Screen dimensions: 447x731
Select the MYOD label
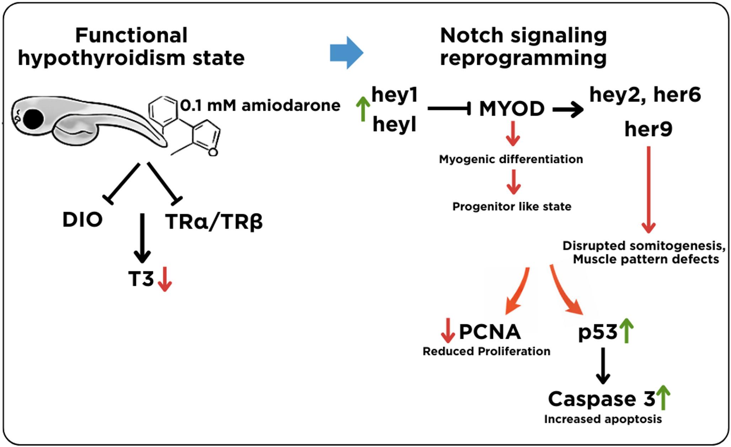tap(512, 109)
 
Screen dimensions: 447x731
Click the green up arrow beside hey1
tap(363, 109)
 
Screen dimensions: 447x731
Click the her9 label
tap(648, 129)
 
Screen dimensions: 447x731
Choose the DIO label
tap(82, 220)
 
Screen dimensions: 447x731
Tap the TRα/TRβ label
tap(214, 221)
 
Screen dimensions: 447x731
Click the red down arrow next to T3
tap(165, 279)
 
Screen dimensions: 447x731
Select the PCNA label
tap(490, 332)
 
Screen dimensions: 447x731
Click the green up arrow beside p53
tap(626, 331)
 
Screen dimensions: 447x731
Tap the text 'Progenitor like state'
tap(511, 206)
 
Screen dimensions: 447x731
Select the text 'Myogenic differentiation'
tap(511, 159)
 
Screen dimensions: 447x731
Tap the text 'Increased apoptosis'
tap(603, 419)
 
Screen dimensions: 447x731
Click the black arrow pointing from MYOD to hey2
tap(568, 110)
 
